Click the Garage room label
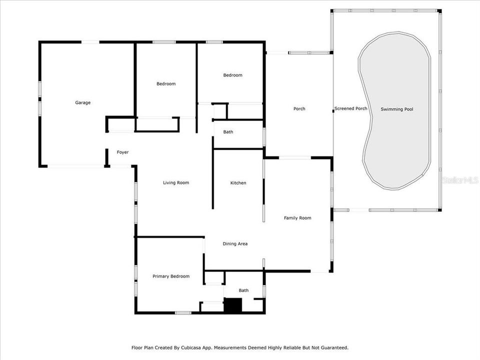(x=83, y=102)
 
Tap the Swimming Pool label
(x=396, y=109)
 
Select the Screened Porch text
(x=350, y=108)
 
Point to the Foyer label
(x=122, y=152)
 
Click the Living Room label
(x=176, y=182)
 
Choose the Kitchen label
(x=238, y=183)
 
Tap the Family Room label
(x=297, y=217)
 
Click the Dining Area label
(x=235, y=244)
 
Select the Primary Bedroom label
(x=171, y=276)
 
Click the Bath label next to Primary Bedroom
(x=243, y=290)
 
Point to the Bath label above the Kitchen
(x=228, y=132)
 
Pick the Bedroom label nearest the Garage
(x=166, y=83)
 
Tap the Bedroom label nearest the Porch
(x=232, y=75)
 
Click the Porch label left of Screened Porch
(x=299, y=108)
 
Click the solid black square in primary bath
(x=232, y=305)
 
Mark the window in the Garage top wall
(x=90, y=42)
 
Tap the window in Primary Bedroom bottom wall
(x=183, y=313)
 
